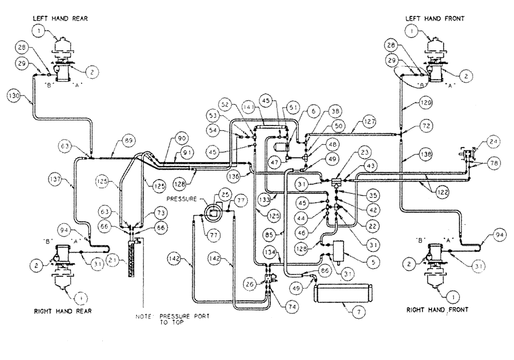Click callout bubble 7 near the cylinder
point(354,312)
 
